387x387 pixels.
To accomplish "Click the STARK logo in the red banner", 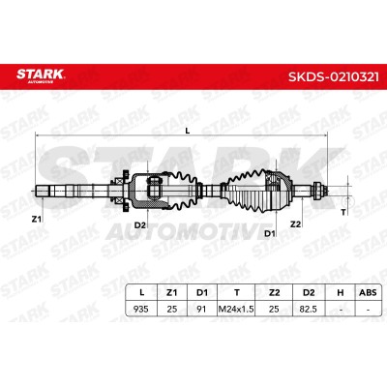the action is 41,75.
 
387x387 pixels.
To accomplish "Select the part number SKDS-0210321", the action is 334,77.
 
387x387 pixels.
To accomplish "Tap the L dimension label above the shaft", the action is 188,131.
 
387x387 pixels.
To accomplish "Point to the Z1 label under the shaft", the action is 37,220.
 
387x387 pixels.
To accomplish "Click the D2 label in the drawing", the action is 140,225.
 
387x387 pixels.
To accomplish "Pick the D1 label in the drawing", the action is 270,233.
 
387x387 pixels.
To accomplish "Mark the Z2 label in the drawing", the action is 295,223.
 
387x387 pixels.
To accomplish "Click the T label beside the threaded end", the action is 343,212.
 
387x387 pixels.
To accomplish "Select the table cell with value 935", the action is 141,309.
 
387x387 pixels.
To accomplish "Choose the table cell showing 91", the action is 201,309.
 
